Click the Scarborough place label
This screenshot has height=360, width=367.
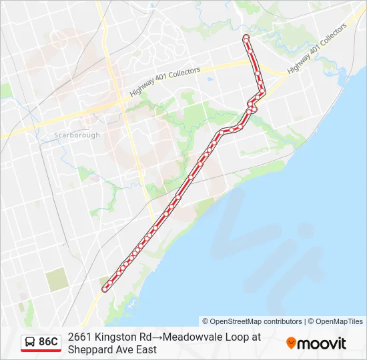coord(77,135)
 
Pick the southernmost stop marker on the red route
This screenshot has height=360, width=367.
coord(105,289)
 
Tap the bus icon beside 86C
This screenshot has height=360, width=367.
coord(29,342)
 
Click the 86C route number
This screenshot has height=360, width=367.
coord(48,342)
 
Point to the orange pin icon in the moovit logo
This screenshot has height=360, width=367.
coord(291,343)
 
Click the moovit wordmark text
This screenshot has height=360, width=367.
coord(322,343)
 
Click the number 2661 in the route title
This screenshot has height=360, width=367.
coord(79,337)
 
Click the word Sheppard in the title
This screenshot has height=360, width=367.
coord(89,349)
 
